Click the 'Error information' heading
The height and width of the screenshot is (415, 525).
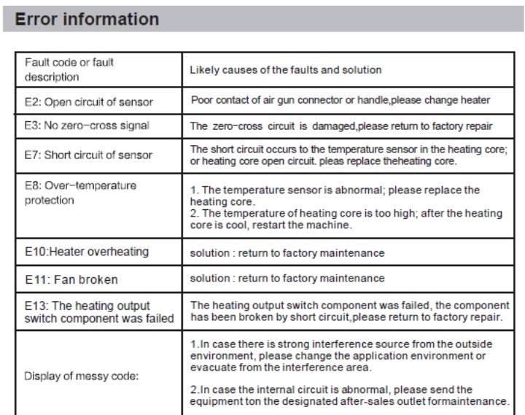click(x=87, y=19)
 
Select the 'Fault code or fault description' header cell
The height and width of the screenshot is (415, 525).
click(x=69, y=69)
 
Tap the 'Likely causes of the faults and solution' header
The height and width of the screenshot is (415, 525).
click(x=285, y=70)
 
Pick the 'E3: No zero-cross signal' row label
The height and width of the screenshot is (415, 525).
click(x=87, y=125)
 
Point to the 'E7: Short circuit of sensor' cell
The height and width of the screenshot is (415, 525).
click(x=88, y=155)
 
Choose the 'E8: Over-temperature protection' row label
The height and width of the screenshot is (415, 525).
click(x=80, y=193)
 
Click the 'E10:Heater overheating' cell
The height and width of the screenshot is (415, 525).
click(x=87, y=252)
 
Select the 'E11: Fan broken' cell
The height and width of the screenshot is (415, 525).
click(x=71, y=279)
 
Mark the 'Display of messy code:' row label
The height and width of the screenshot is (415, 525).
click(x=81, y=376)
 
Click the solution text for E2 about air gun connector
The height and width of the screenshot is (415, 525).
click(x=341, y=100)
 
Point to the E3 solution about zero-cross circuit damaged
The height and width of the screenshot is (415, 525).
click(x=341, y=126)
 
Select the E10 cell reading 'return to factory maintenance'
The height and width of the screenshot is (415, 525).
click(x=287, y=253)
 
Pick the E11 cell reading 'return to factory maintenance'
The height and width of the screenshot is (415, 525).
click(x=287, y=279)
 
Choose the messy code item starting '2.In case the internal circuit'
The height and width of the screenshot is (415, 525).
click(x=348, y=395)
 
